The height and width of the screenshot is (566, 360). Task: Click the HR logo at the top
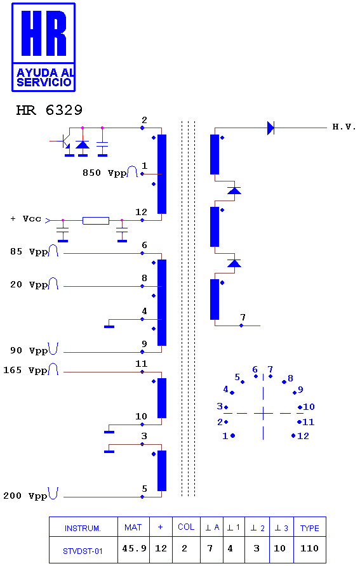click(x=43, y=48)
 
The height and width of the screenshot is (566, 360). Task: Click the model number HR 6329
click(x=50, y=110)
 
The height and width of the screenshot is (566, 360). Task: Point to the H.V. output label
click(x=344, y=127)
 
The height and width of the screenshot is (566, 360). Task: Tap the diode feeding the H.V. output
click(x=270, y=128)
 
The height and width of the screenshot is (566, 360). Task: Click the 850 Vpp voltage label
click(x=105, y=173)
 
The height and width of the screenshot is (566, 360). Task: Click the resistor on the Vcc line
click(x=96, y=221)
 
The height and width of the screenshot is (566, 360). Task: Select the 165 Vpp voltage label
click(x=25, y=371)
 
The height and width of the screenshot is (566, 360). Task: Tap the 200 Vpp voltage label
click(x=25, y=496)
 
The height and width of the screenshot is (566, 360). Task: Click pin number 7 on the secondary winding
click(x=243, y=317)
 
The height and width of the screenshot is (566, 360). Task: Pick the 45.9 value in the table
click(x=134, y=548)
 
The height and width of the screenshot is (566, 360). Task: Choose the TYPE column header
click(x=309, y=528)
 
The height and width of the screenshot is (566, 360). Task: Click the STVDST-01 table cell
click(x=83, y=551)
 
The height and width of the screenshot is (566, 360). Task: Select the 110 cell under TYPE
click(x=309, y=548)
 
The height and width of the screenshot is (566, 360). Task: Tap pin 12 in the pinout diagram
click(x=303, y=436)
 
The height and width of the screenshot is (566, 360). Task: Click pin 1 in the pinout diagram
click(x=225, y=436)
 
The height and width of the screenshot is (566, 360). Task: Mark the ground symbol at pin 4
click(x=109, y=327)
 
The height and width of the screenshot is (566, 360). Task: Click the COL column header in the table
click(x=186, y=527)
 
